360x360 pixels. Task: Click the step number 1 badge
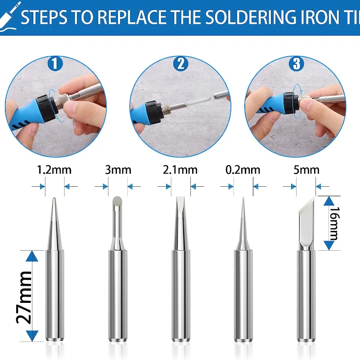(55, 63)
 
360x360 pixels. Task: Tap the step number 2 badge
(181, 63)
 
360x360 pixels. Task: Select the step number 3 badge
(297, 63)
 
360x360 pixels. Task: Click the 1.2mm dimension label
(54, 170)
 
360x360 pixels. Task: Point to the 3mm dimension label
(118, 170)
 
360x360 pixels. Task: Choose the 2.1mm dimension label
(180, 170)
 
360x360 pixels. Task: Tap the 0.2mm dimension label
(243, 170)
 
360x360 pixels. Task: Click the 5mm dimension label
(306, 170)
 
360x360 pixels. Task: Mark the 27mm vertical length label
(24, 297)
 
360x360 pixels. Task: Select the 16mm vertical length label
(334, 223)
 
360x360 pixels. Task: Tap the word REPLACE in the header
(133, 17)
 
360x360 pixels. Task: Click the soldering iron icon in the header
(9, 16)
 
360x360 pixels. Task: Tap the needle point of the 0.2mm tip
(243, 198)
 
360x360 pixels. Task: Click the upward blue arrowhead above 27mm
(32, 256)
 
